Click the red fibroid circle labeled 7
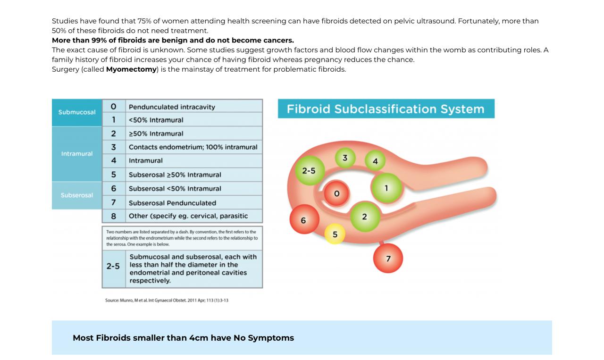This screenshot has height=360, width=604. pos(388,259)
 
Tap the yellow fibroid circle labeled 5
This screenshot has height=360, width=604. pos(335,234)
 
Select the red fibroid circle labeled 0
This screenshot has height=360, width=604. pos(336,193)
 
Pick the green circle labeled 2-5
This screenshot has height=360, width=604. pos(309,171)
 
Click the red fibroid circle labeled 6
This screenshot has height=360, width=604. pos(303,220)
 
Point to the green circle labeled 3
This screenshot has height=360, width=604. pos(345,158)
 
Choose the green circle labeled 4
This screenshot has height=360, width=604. pos(375,161)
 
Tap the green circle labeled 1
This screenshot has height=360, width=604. pos(386,188)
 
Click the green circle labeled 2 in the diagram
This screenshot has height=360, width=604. pos(364,217)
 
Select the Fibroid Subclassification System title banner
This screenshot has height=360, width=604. pos(386,109)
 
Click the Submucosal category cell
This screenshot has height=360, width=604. pos(77,112)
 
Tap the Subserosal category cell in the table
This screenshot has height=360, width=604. pos(77,195)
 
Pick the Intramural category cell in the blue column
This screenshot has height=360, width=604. pos(77,154)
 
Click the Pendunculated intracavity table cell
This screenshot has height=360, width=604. pos(172,107)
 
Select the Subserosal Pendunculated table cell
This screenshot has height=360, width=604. pos(172,203)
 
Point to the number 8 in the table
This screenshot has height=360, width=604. pos(114,216)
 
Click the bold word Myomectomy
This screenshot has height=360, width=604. pos(131,69)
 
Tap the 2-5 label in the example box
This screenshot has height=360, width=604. pos(113,266)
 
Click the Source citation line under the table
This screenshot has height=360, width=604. pos(167,300)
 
